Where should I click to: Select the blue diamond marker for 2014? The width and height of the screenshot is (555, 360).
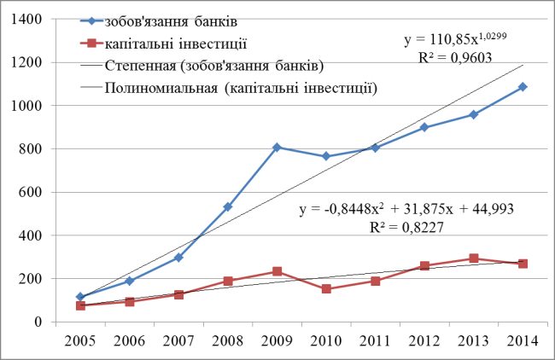tap(523, 87)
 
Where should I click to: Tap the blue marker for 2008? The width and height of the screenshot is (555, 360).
tap(228, 206)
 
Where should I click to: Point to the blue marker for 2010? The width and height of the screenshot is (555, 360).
tap(326, 156)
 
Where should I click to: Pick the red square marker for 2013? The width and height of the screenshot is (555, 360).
tap(474, 258)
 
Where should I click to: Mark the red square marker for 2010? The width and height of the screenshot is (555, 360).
tap(326, 289)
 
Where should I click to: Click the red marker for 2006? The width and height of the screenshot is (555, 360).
tap(130, 301)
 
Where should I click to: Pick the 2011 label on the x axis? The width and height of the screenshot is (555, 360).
tap(376, 341)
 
